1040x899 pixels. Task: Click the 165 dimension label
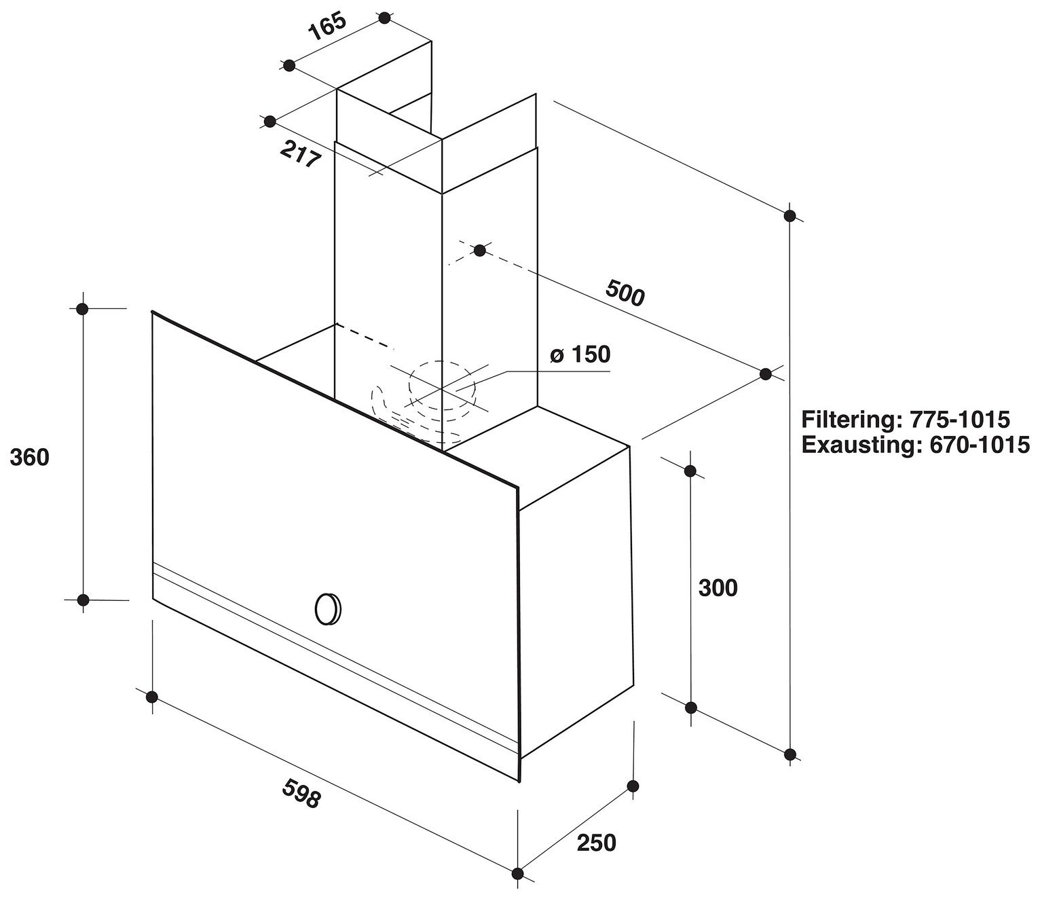click(328, 27)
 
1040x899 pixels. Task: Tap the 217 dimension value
click(300, 154)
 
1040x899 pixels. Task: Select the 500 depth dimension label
click(625, 293)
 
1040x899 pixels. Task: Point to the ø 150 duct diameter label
click(580, 354)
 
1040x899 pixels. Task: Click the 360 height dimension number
click(30, 458)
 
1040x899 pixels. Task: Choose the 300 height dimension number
click(718, 588)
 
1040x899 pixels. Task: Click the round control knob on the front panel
click(328, 609)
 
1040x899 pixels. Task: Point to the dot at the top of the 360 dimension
click(83, 308)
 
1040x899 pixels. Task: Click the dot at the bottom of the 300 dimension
click(691, 708)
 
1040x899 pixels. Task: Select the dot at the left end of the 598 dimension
click(151, 697)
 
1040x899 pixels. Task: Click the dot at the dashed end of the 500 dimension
click(479, 250)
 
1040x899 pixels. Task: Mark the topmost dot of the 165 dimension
click(384, 18)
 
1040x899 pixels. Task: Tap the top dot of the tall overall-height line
click(790, 216)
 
